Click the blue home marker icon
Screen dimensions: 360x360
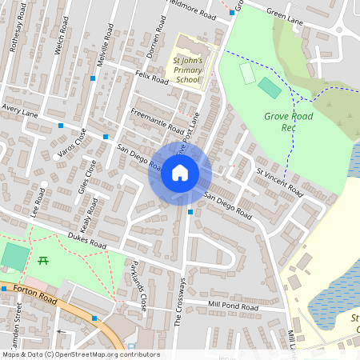[180, 173]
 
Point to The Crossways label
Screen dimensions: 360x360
[180, 302]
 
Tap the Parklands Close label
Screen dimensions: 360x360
[138, 286]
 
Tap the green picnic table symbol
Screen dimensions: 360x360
[42, 260]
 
